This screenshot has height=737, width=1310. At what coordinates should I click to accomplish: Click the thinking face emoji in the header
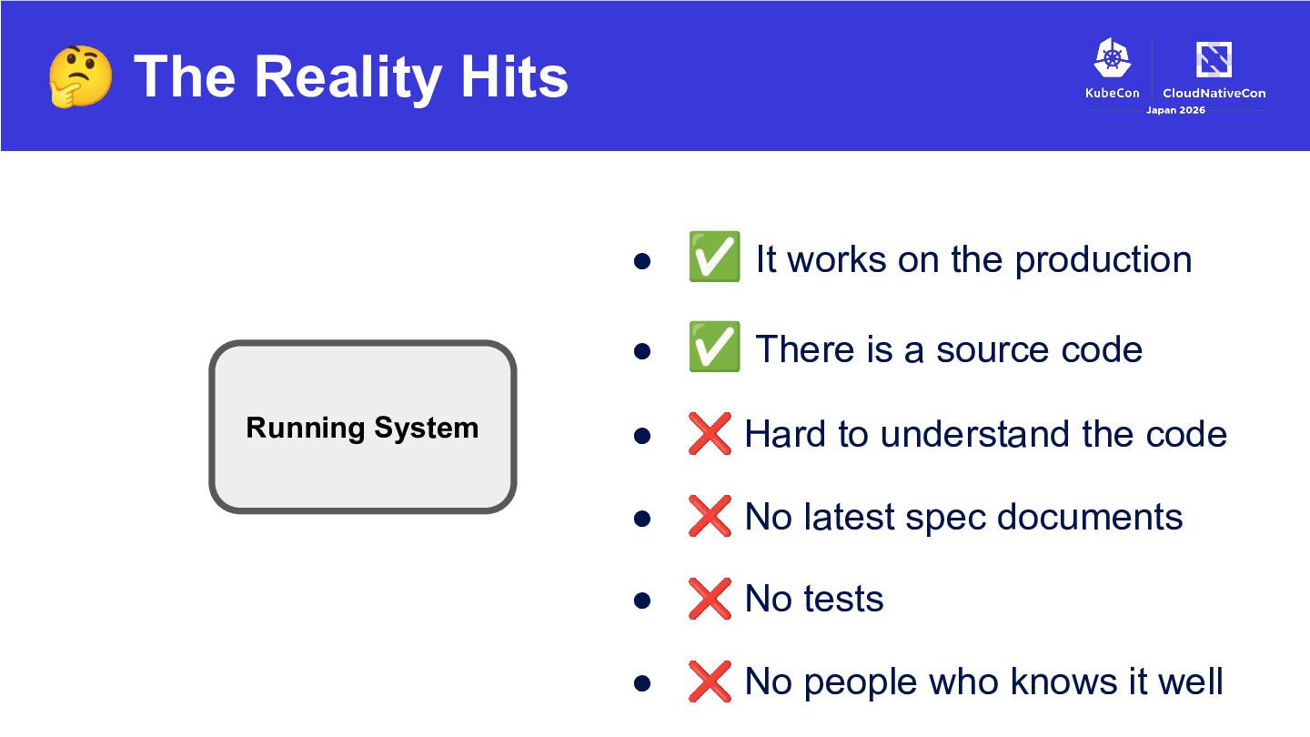pos(80,76)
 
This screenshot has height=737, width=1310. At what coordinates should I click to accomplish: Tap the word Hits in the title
pos(514,76)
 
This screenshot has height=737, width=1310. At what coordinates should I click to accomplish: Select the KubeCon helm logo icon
pos(1113,57)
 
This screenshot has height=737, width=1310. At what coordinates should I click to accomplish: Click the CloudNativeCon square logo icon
pos(1214,59)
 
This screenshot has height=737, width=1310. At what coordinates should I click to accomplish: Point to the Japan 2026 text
pos(1175,110)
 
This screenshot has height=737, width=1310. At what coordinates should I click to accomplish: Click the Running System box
pos(363,427)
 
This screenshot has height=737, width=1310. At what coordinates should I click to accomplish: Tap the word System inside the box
pos(427,429)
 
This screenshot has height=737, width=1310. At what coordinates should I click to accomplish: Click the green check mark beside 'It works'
pos(714,257)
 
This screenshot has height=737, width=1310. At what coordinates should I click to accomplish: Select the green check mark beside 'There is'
pos(714,347)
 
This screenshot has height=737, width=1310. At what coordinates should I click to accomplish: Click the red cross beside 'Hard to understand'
pos(710,433)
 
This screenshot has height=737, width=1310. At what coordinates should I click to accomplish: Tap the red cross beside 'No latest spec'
pos(710,516)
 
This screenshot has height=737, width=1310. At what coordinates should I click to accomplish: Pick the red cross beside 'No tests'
pos(710,599)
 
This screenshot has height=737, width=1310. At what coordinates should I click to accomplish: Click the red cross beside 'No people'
pos(710,681)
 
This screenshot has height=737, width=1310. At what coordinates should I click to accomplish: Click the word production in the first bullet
pos(1103,261)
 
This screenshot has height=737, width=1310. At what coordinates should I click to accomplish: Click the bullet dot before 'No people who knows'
pos(642,683)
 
